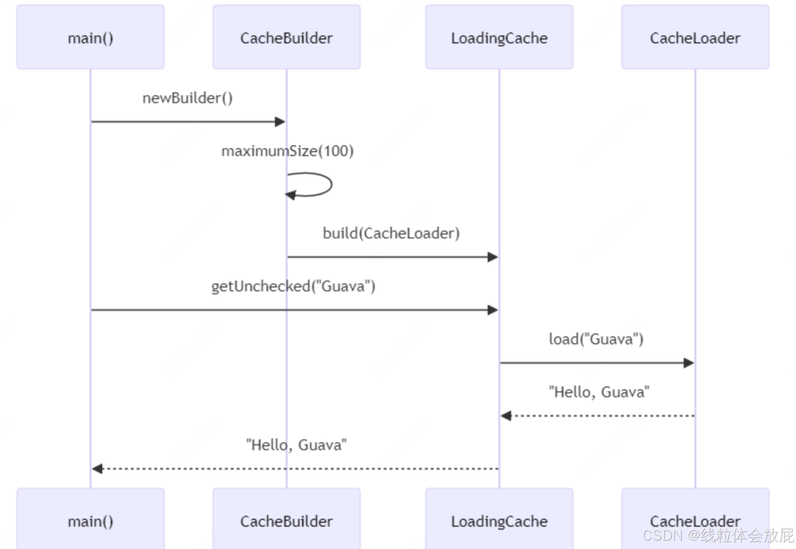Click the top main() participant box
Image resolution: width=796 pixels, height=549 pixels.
(x=91, y=37)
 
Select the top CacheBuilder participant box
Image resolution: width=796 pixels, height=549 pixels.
(x=287, y=37)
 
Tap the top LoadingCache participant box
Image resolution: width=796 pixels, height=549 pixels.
(x=499, y=37)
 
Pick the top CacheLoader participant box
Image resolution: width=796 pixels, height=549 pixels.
(x=696, y=37)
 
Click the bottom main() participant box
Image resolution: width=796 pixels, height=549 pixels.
(x=91, y=519)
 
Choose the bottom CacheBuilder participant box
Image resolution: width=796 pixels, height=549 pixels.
(x=287, y=519)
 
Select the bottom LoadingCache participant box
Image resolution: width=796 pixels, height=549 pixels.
(x=499, y=519)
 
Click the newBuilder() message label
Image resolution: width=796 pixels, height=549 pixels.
(x=188, y=99)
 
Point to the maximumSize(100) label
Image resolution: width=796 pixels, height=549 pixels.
(x=288, y=151)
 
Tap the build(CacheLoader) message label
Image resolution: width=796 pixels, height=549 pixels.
(x=391, y=233)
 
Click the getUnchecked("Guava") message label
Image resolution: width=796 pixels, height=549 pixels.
(x=294, y=286)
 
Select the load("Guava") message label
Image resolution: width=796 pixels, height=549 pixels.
(x=597, y=339)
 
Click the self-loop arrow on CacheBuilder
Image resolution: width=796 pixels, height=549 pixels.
(x=331, y=184)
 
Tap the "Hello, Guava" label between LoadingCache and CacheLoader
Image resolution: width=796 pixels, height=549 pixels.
(x=599, y=392)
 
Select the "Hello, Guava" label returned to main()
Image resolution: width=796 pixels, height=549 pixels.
(x=297, y=445)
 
